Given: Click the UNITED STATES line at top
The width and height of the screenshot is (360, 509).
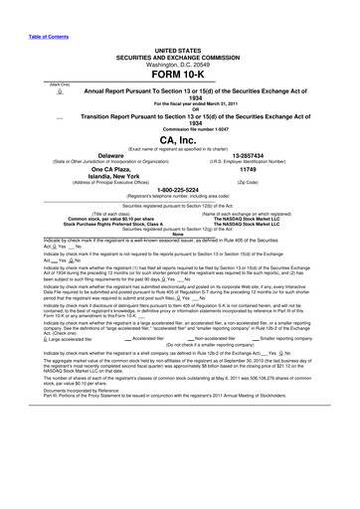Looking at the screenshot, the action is tap(179, 48).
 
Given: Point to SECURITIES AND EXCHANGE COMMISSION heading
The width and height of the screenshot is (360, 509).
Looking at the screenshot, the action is tap(179, 55).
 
